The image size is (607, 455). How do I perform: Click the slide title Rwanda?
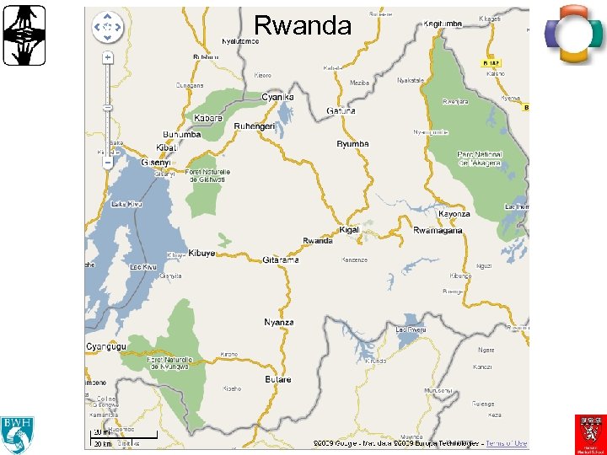(303, 26)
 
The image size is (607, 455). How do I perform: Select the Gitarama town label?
(281, 260)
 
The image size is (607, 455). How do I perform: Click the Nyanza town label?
(279, 322)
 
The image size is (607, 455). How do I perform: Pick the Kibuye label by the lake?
(202, 253)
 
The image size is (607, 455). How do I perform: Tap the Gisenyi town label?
(157, 163)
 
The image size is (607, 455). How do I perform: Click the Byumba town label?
(352, 144)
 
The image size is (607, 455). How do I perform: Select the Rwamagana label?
(438, 231)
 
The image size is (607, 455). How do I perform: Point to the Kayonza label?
(454, 214)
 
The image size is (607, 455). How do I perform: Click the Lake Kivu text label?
(126, 203)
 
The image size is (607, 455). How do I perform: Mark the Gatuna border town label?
(341, 110)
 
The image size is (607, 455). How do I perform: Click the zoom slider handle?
(108, 163)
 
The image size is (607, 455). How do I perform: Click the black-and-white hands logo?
(24, 35)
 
